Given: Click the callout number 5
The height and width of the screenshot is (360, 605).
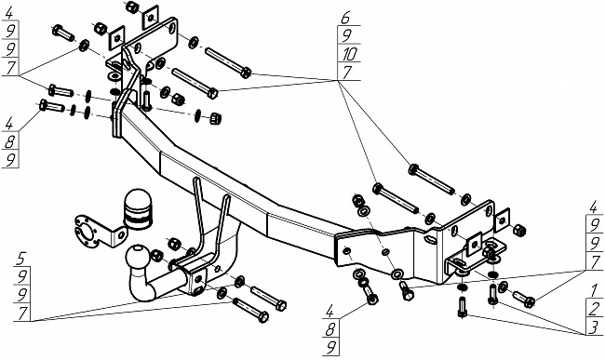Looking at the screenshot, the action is (22, 259).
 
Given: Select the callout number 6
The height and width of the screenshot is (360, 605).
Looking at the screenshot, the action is (345, 18).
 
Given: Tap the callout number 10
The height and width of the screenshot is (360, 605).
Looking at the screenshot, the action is (349, 54).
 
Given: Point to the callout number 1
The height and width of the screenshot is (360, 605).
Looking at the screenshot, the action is (594, 290).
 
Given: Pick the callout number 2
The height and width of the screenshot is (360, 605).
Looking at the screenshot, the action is (594, 309).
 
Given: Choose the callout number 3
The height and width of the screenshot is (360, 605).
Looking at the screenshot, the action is (594, 327).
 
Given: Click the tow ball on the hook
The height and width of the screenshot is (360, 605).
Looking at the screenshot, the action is (138, 257).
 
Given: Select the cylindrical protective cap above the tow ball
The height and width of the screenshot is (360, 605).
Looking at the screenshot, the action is (137, 209).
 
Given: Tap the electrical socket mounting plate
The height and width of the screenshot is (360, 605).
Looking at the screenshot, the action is (100, 232).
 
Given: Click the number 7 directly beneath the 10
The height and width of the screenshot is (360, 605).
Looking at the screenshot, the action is (347, 72).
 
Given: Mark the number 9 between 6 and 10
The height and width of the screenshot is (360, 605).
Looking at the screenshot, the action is (346, 36).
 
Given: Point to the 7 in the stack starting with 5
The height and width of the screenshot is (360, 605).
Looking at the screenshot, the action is (22, 313).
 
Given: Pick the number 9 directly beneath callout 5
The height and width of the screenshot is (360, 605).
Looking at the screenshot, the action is (22, 277).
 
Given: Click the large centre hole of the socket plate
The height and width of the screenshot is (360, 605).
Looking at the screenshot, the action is (87, 233).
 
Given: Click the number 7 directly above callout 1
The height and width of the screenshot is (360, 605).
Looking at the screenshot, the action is (594, 263).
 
